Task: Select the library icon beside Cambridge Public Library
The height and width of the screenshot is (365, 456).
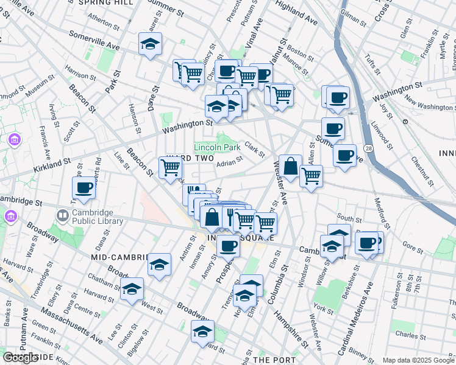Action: [63, 216]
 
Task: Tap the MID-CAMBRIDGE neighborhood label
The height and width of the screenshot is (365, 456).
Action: [119, 257]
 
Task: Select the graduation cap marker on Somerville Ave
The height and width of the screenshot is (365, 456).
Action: [150, 44]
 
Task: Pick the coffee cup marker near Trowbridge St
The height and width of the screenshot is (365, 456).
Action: [84, 187]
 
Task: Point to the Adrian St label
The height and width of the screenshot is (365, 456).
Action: [230, 162]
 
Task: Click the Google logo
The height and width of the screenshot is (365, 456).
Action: [20, 358]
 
